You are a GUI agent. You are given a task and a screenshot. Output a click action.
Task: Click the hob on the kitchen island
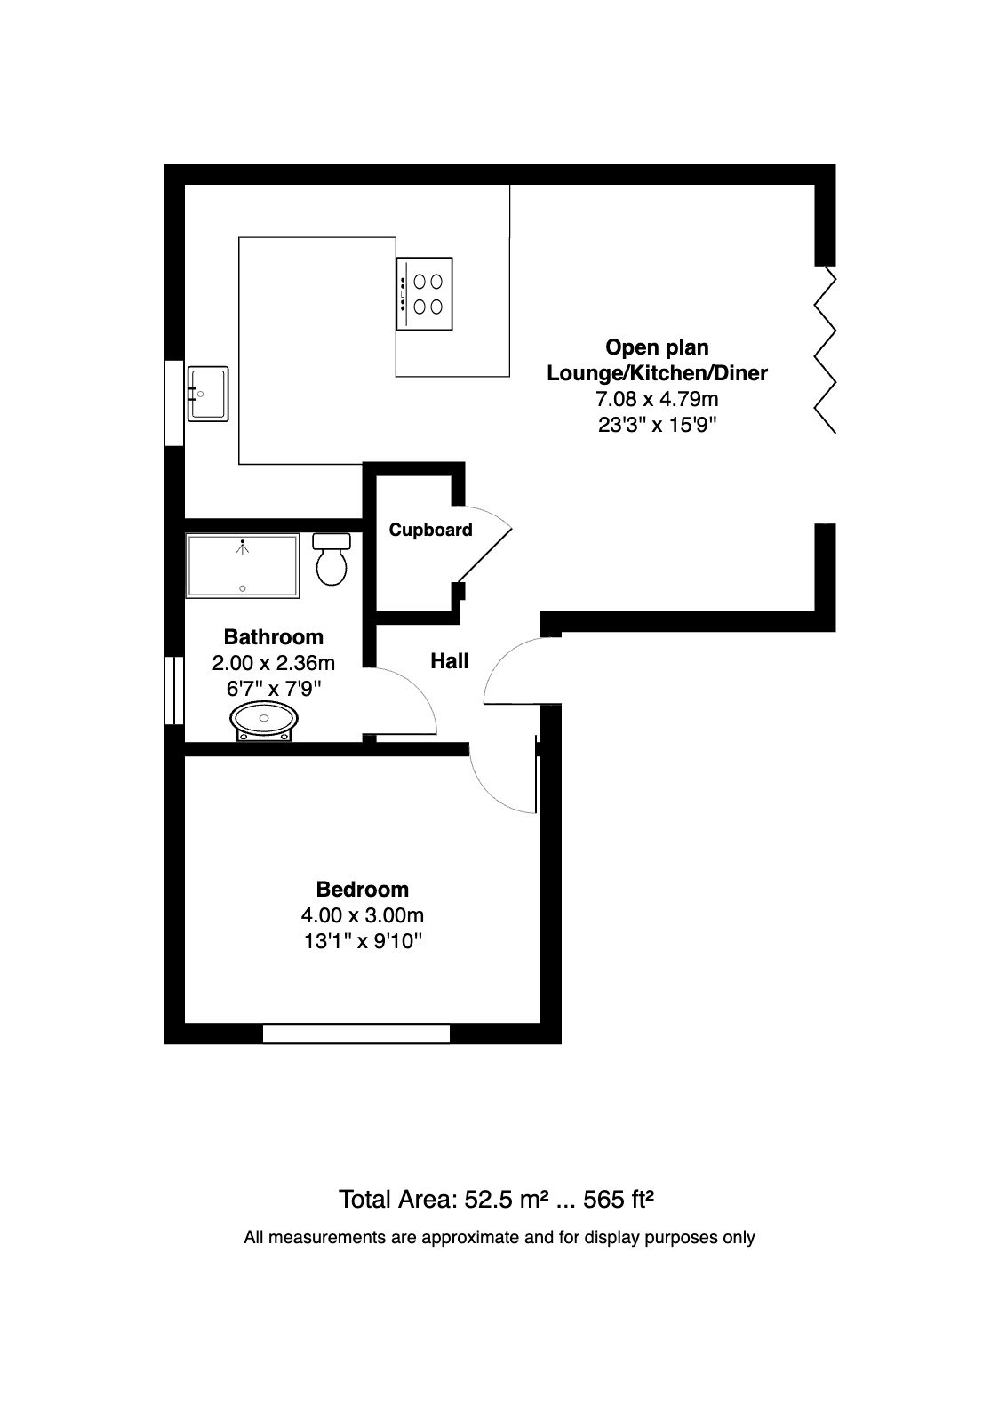(x=424, y=294)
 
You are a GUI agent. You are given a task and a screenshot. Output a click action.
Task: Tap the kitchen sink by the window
(x=207, y=394)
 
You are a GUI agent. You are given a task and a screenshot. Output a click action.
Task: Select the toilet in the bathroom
(x=332, y=558)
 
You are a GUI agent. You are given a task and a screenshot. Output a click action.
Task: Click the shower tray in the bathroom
(x=243, y=565)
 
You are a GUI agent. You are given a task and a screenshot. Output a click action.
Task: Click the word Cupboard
(x=430, y=530)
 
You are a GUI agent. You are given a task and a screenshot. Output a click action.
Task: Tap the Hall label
(x=449, y=661)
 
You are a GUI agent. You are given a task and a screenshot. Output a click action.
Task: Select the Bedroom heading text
(x=362, y=890)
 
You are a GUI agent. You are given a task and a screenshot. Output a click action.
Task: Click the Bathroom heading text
(x=274, y=637)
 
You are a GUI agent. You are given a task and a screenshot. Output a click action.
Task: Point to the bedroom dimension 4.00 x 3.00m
(x=362, y=915)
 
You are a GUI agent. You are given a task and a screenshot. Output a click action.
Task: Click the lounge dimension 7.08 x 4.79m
(x=657, y=399)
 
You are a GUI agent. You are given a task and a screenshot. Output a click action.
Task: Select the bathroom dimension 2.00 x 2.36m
(x=274, y=663)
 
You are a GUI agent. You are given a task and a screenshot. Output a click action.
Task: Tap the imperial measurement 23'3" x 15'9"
(x=657, y=425)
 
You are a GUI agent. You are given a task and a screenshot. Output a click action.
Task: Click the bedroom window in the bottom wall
(x=356, y=1034)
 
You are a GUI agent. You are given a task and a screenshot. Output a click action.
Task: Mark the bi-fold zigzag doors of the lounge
(x=825, y=349)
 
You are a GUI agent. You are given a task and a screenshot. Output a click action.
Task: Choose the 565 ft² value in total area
(x=618, y=1199)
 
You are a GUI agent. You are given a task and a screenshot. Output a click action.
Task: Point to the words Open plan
(x=657, y=347)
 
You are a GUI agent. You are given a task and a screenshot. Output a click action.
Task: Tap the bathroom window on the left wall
(x=174, y=691)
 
